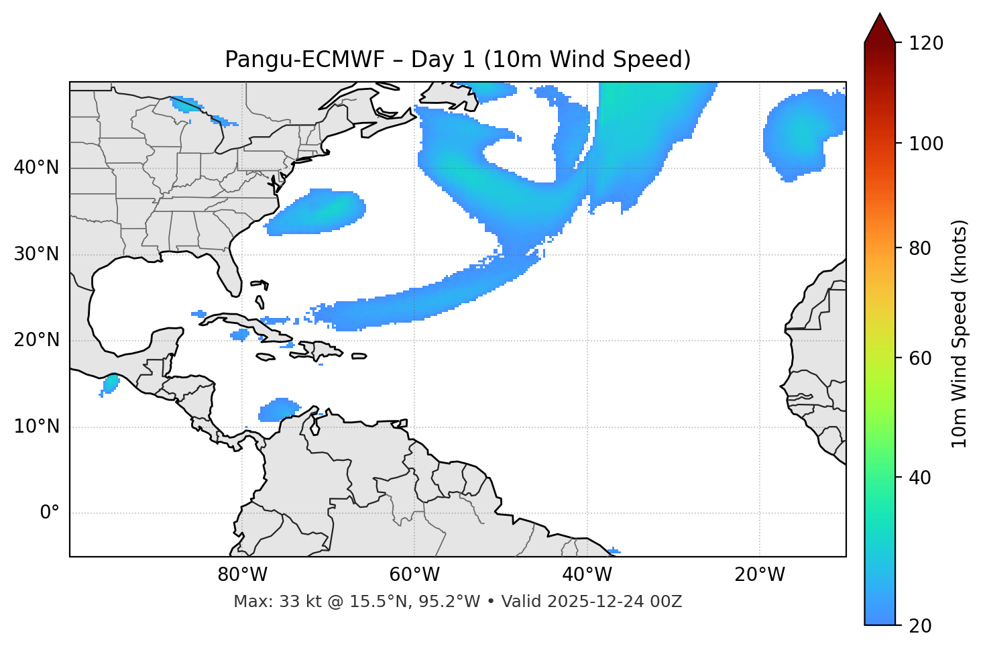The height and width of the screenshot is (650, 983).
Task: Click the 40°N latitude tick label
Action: coord(36,168)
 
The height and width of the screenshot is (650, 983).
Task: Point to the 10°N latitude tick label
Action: coord(36,427)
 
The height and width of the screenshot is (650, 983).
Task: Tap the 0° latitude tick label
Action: coord(50,513)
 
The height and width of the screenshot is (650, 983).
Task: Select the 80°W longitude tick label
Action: coord(242,575)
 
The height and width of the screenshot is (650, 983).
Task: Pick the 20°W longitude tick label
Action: coord(760,575)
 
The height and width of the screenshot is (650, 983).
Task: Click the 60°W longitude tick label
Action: coord(414,575)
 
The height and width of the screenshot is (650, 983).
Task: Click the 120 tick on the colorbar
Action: coord(926,44)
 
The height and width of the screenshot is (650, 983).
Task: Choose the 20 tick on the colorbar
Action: coord(919,625)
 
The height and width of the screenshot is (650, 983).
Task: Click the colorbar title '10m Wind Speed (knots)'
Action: coord(960,334)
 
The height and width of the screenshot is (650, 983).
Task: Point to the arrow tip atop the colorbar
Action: coord(880,14)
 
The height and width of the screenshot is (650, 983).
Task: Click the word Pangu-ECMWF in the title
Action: coord(304,60)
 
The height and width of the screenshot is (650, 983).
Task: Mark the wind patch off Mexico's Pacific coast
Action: coord(110,384)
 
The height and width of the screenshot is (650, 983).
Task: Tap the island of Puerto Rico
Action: coord(359,356)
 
